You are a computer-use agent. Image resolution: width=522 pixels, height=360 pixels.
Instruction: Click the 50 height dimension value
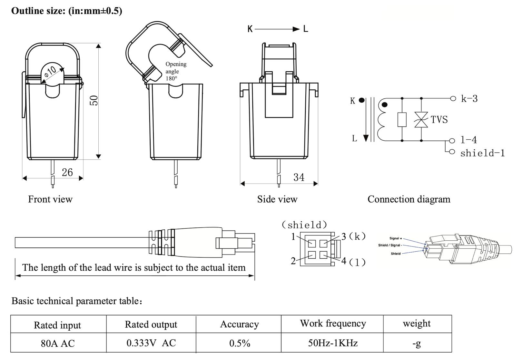coord(94,100)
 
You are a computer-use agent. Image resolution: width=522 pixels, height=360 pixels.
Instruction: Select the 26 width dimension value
coord(67,172)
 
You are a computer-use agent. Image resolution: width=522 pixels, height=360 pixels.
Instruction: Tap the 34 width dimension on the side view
coord(299,177)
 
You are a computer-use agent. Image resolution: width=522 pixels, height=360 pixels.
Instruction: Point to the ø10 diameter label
coord(51,71)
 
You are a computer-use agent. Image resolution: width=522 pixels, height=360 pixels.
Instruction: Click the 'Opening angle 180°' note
coord(176,71)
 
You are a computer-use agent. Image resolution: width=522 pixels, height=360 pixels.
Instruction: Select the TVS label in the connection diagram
coord(439,120)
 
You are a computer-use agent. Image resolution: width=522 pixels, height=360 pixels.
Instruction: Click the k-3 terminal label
coord(469,99)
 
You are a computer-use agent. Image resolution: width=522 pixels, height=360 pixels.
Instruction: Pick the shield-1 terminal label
coord(482,153)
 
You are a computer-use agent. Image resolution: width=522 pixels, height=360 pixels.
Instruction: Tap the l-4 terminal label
coord(468,140)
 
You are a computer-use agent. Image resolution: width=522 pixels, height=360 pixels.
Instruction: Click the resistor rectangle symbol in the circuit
coord(402,120)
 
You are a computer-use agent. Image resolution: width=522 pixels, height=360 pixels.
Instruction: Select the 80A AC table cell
coord(58,344)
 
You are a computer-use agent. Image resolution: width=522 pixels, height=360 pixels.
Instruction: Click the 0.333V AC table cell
coord(151,343)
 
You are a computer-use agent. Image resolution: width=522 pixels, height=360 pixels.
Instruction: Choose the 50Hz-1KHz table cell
coord(333,343)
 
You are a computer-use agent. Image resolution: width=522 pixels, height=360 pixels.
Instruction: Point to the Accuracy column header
coord(239,324)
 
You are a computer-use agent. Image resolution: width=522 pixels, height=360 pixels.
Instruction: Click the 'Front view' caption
coord(50,199)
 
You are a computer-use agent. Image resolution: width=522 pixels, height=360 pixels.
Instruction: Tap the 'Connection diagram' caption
coord(409,199)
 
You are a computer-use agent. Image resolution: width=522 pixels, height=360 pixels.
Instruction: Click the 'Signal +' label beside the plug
coord(396,238)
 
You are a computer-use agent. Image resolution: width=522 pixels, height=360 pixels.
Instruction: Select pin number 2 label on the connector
coord(293,261)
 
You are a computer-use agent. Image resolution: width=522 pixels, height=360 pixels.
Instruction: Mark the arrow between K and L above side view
coord(277,29)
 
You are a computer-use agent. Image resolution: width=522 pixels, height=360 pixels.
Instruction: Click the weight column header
coord(417,324)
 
